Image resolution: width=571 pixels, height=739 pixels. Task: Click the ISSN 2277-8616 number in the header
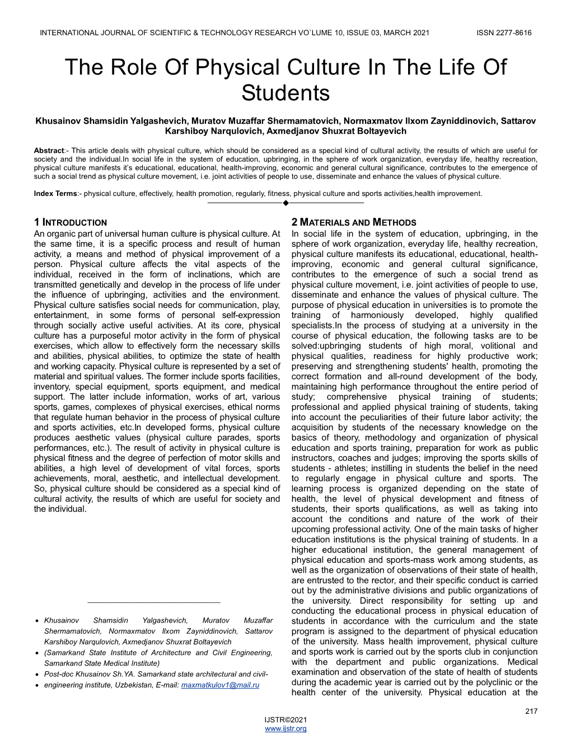(x=504, y=32)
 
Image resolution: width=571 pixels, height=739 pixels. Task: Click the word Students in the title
(x=285, y=93)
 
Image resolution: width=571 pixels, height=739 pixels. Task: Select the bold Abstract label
(x=49, y=151)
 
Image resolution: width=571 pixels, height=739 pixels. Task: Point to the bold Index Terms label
(x=55, y=194)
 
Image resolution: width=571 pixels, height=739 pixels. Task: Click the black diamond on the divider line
(x=285, y=203)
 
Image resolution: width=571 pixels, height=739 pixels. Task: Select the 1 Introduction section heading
(x=70, y=222)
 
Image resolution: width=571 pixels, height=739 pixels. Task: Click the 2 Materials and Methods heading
(x=354, y=222)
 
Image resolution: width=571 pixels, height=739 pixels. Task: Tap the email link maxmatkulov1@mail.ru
(x=220, y=685)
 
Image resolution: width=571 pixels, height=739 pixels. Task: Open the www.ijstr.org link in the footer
(x=285, y=728)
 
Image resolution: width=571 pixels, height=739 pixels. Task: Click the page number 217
(x=531, y=711)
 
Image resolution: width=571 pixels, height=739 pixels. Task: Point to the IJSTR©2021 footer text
(x=285, y=720)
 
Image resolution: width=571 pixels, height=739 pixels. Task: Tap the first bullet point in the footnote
(x=36, y=621)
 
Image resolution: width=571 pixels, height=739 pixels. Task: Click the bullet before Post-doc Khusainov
(x=36, y=675)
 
